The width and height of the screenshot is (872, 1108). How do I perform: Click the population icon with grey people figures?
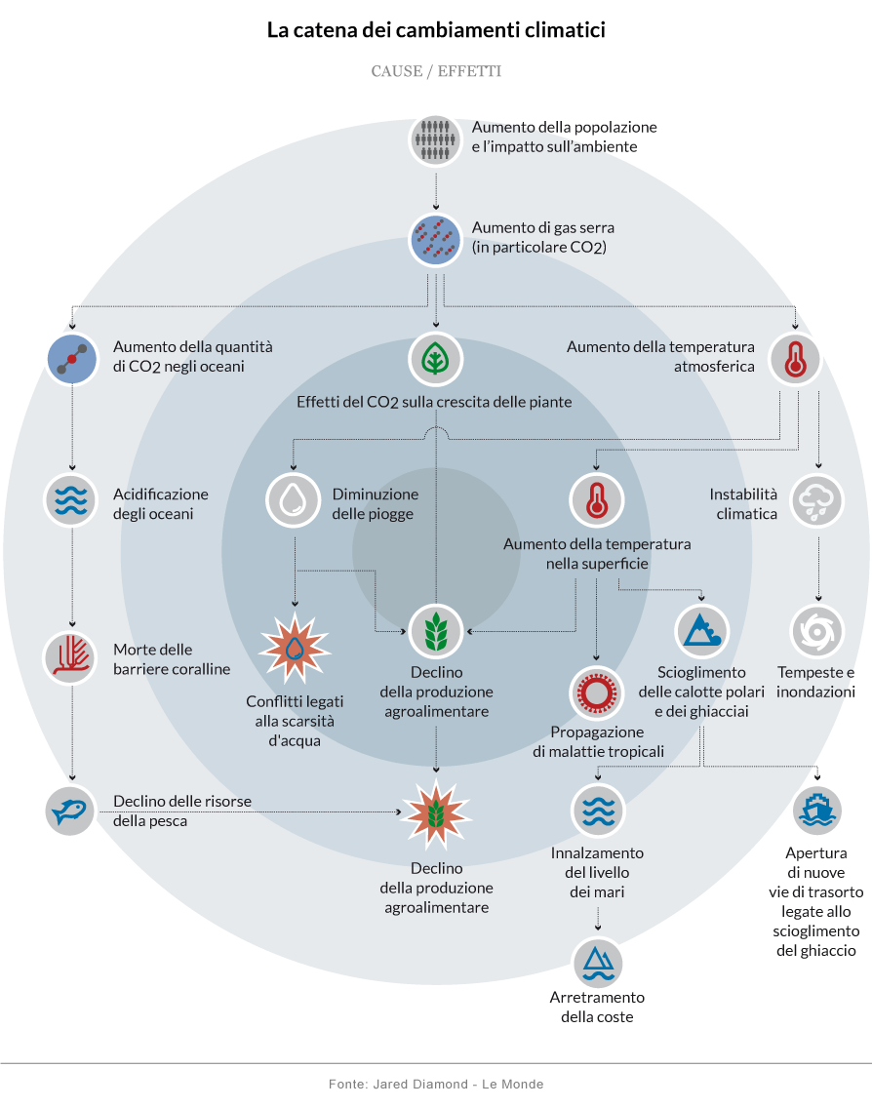(x=435, y=139)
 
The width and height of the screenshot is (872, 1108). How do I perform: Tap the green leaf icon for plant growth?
(x=435, y=359)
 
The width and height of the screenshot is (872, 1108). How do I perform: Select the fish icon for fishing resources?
(x=71, y=811)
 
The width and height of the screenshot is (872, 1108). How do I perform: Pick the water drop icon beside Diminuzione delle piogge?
(x=294, y=499)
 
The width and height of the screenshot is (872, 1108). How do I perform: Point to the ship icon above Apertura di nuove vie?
(x=817, y=811)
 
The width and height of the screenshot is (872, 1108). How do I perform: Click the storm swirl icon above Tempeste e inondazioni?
(x=817, y=631)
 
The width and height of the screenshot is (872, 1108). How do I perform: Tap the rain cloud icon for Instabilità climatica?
(x=817, y=499)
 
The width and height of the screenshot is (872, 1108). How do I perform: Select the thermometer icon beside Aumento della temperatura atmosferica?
(x=796, y=359)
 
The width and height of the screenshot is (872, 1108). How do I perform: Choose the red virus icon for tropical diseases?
(x=596, y=692)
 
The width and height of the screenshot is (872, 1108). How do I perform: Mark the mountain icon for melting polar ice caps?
(x=701, y=631)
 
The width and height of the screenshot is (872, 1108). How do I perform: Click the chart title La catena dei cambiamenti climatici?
(x=436, y=30)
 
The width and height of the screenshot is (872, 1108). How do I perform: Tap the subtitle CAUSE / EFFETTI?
(x=436, y=71)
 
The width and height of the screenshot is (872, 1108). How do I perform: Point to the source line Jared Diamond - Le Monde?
(x=436, y=1084)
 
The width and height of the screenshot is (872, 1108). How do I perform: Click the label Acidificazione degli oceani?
(x=161, y=504)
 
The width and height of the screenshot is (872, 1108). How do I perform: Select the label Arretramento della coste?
(x=597, y=1007)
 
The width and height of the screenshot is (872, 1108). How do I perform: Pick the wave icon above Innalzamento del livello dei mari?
(x=596, y=811)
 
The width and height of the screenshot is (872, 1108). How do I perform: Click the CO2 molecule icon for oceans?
(x=71, y=359)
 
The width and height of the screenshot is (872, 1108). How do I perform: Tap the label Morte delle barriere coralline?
(x=172, y=659)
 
